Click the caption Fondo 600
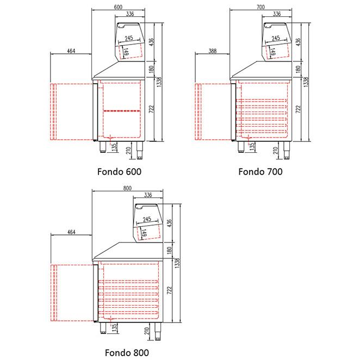[x=119, y=171]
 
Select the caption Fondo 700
[x=260, y=171]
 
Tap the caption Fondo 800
[x=127, y=352]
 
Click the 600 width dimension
[x=118, y=7]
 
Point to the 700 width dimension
[x=260, y=7]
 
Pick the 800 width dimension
[x=127, y=188]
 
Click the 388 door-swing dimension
[x=213, y=51]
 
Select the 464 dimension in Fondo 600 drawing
[x=71, y=51]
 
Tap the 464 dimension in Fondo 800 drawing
[x=71, y=232]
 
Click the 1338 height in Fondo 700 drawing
[x=306, y=82]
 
